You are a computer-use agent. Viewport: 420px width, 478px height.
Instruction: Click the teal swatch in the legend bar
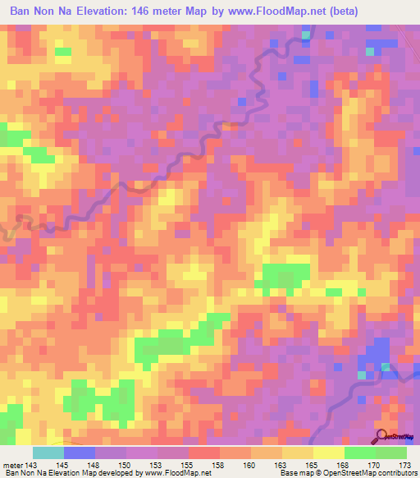[x=48, y=453]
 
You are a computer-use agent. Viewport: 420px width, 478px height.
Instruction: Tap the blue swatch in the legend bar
[x=79, y=453]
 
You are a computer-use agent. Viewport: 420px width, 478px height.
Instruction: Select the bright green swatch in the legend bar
[x=360, y=453]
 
